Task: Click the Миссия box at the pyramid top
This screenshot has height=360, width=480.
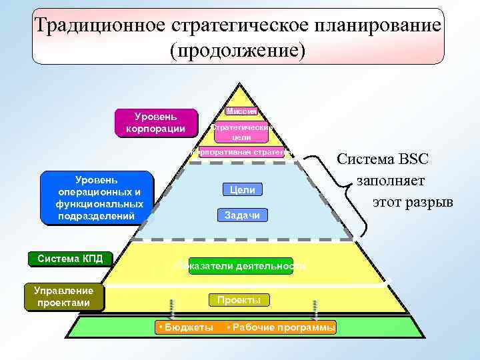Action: (241, 111)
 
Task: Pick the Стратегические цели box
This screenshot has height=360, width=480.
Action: (241, 132)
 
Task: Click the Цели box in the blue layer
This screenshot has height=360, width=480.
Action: (242, 190)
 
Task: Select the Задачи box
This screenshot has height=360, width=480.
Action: (242, 215)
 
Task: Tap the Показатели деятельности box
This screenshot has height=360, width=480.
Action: (241, 265)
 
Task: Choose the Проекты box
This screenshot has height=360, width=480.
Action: (239, 300)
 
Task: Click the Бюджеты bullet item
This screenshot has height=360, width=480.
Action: (187, 327)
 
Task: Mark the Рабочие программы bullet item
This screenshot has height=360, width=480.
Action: (281, 327)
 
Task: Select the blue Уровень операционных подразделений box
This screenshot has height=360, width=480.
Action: (97, 198)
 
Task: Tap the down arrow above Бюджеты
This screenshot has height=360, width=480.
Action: (173, 309)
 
